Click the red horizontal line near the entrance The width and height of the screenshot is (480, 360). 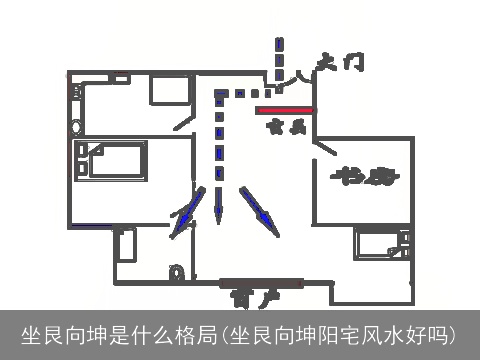click(x=285, y=110)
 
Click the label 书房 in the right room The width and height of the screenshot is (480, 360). click(x=363, y=177)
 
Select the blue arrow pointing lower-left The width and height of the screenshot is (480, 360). click(x=186, y=218)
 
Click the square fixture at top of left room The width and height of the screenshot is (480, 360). click(x=167, y=89)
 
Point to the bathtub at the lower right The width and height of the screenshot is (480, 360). click(x=382, y=244)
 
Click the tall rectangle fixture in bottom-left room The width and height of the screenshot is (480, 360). click(x=126, y=244)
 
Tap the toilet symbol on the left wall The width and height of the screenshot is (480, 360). click(x=77, y=127)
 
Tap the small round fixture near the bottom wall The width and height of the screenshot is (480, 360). click(x=178, y=272)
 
